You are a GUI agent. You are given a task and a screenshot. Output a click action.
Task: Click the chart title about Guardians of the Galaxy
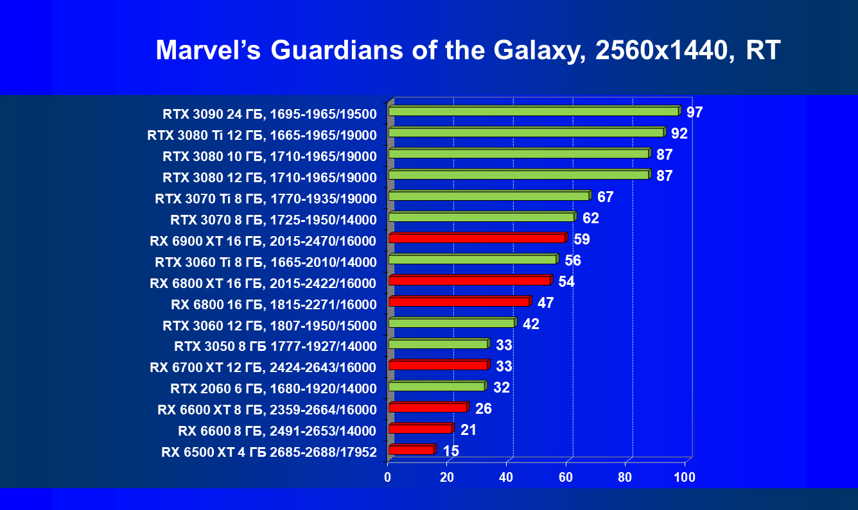click(x=468, y=50)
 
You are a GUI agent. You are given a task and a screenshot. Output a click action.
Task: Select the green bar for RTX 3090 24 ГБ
click(x=533, y=112)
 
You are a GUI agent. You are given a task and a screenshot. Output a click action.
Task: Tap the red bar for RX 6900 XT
click(x=477, y=239)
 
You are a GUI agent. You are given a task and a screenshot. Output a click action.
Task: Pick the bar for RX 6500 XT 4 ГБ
click(x=411, y=450)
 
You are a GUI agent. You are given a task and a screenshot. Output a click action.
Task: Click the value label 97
click(x=694, y=113)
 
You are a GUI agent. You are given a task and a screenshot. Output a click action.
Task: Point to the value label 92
click(x=679, y=134)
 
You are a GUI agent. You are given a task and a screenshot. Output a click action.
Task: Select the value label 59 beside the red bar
click(x=582, y=240)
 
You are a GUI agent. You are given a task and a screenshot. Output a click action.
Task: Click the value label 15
click(x=451, y=451)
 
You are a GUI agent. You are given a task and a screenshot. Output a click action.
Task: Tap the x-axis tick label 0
click(x=387, y=478)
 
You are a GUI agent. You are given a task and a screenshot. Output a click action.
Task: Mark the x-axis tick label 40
click(x=506, y=478)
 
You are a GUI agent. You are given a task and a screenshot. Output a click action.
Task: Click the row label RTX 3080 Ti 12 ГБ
click(x=261, y=135)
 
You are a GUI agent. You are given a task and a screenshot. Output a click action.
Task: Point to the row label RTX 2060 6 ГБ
click(x=274, y=388)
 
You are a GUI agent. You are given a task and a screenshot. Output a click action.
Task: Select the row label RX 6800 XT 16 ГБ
click(x=263, y=283)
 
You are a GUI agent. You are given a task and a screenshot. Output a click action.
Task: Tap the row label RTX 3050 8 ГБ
click(x=275, y=346)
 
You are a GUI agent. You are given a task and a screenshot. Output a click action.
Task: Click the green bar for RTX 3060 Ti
click(x=472, y=259)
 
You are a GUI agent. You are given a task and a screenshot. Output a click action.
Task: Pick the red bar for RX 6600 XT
click(x=427, y=408)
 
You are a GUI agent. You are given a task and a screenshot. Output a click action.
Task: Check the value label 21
click(x=468, y=430)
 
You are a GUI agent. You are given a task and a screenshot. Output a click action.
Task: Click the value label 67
click(x=605, y=197)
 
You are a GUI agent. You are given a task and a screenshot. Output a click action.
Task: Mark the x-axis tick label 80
click(x=625, y=478)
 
